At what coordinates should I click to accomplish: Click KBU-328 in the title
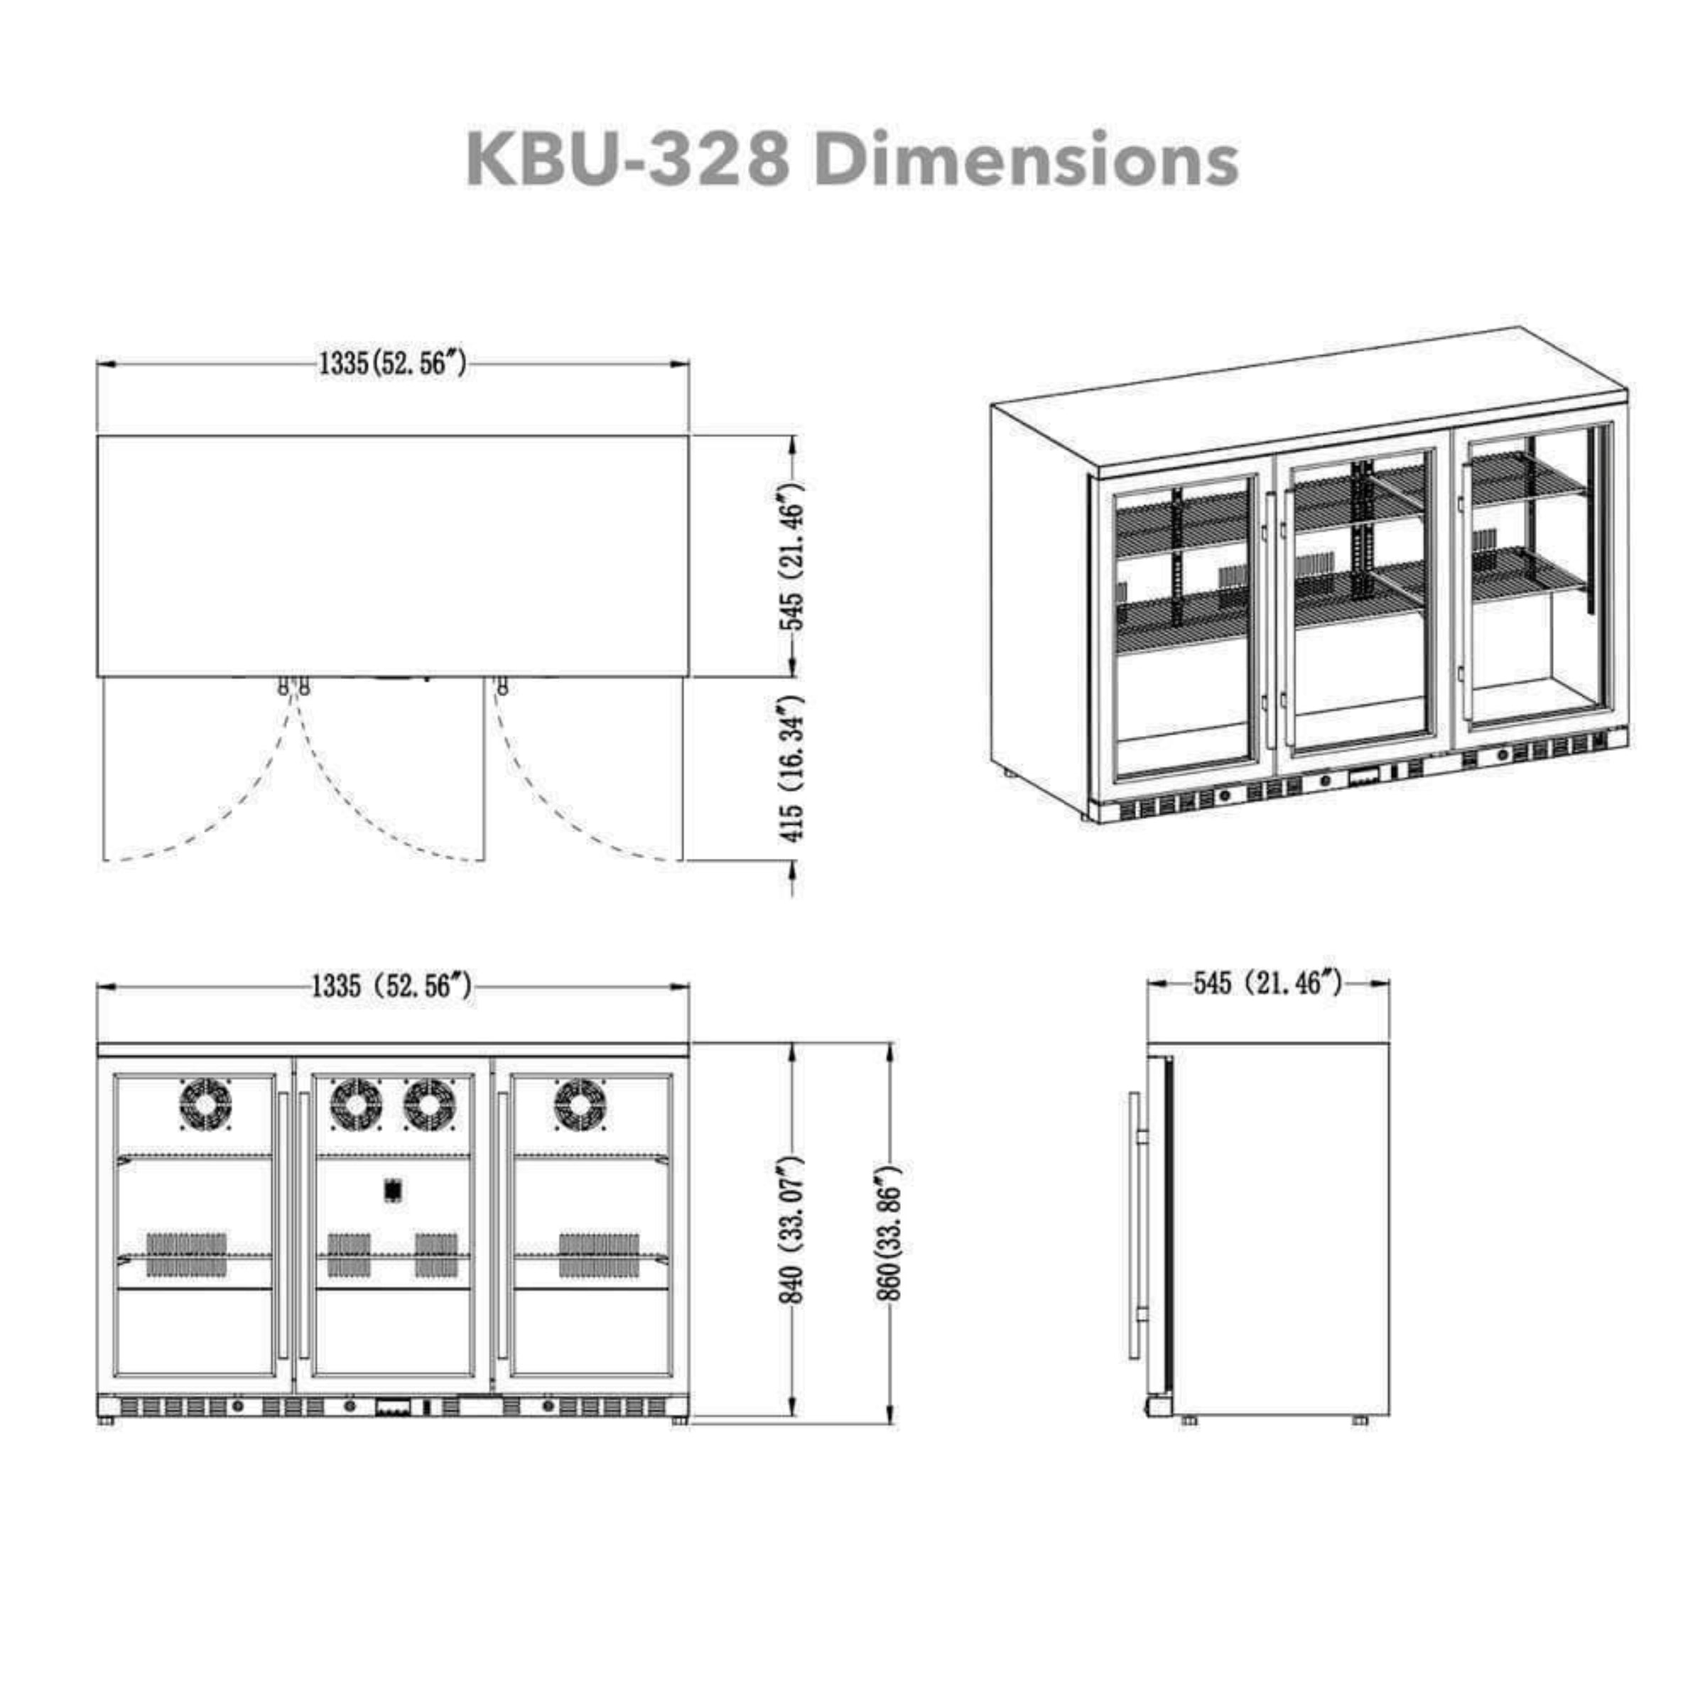click(x=627, y=159)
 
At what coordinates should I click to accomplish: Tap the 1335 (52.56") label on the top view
click(x=392, y=363)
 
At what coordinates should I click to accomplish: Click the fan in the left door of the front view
click(x=205, y=1103)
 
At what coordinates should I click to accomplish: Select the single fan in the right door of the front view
click(x=580, y=1103)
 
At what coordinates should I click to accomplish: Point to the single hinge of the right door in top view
click(x=502, y=686)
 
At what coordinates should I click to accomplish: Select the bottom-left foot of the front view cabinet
click(x=107, y=1446)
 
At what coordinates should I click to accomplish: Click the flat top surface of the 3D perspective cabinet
click(x=1306, y=397)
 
